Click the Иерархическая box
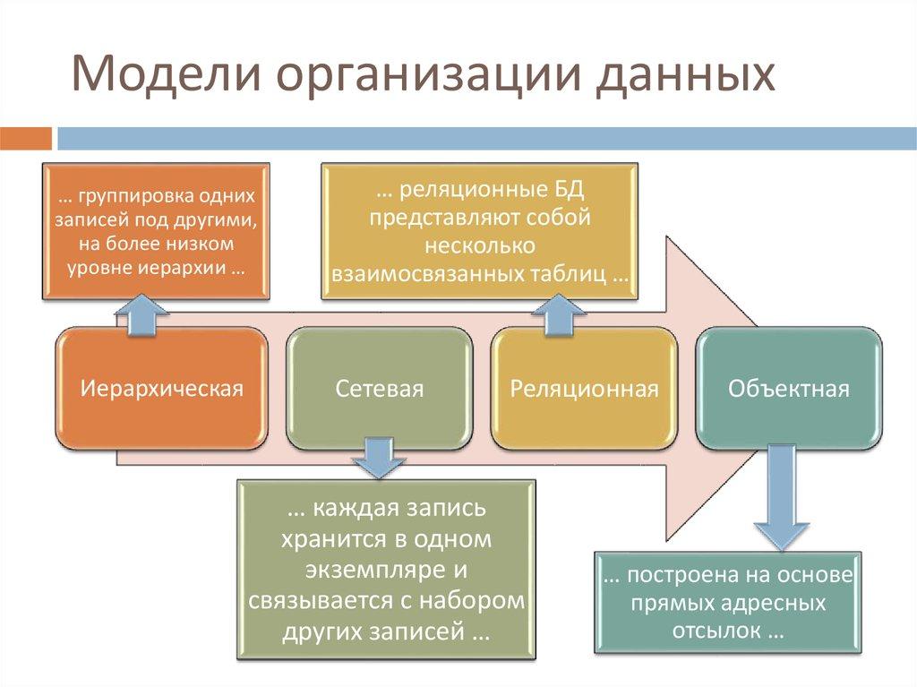click(x=162, y=389)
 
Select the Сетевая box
click(x=380, y=389)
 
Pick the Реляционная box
click(x=585, y=389)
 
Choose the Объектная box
click(x=788, y=389)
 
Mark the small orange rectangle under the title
click(x=26, y=138)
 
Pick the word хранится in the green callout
click(x=324, y=539)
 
